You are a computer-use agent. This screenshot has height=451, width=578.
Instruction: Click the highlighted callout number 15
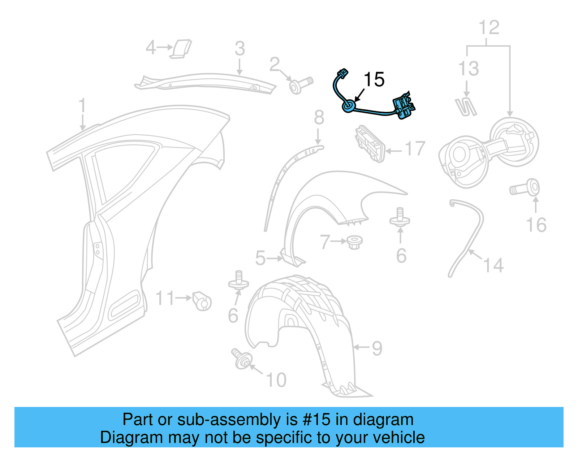(374, 79)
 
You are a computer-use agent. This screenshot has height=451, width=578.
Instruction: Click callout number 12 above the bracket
(489, 28)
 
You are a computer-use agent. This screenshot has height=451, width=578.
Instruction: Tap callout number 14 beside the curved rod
(493, 265)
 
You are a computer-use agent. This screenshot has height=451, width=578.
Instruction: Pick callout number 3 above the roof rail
(240, 49)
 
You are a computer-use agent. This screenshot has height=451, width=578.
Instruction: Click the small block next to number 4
(181, 48)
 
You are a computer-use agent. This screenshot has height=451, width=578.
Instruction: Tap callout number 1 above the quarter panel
(82, 105)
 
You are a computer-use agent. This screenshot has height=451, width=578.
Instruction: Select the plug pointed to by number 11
(202, 301)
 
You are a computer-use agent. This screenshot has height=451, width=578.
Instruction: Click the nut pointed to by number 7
(354, 242)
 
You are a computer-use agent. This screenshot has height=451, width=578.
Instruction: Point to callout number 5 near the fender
(260, 258)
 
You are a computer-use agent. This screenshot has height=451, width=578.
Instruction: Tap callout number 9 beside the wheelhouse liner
(377, 348)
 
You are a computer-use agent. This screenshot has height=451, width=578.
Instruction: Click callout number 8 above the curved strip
(319, 118)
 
